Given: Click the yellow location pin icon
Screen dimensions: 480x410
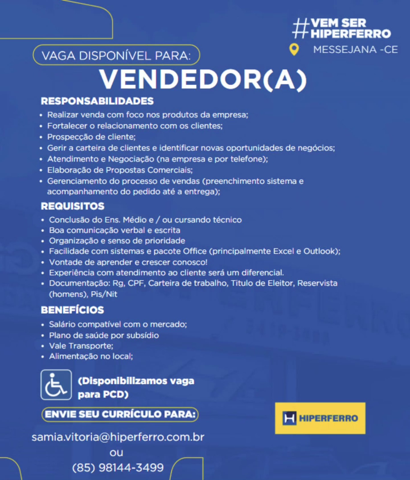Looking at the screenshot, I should (x=294, y=49).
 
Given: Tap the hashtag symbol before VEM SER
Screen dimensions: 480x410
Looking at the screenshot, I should (x=301, y=28).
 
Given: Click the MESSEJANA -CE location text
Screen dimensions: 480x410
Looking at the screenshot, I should (x=355, y=49).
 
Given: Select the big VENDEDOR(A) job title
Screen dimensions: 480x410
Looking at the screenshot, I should (x=203, y=80).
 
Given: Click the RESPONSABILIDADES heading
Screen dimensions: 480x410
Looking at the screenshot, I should (x=97, y=101).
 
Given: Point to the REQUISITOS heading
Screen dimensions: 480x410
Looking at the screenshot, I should (x=73, y=206).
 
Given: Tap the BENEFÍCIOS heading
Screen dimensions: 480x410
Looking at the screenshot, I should (x=72, y=310).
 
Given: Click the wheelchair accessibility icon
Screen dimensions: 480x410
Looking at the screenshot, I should (x=56, y=385).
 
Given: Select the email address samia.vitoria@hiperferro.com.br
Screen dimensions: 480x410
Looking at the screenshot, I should (x=118, y=437).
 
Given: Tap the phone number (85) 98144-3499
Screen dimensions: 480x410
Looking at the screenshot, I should (x=118, y=467).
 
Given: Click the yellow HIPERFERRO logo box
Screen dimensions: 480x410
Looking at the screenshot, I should (x=320, y=418).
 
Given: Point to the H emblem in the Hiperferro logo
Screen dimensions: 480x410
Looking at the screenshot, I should (x=289, y=418).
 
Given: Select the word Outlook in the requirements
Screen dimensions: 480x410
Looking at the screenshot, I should (x=320, y=251).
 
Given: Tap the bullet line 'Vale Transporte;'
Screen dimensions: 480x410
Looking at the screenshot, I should (x=81, y=346).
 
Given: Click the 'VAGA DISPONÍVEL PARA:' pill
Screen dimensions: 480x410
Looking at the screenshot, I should (x=116, y=55).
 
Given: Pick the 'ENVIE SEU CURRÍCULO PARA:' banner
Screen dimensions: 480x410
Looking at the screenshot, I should (x=120, y=414).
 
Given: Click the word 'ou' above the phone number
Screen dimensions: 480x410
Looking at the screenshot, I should (x=116, y=452).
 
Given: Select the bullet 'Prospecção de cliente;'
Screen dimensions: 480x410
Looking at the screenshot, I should (x=91, y=137).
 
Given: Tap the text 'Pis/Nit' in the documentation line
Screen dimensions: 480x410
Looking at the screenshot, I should (x=104, y=294).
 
